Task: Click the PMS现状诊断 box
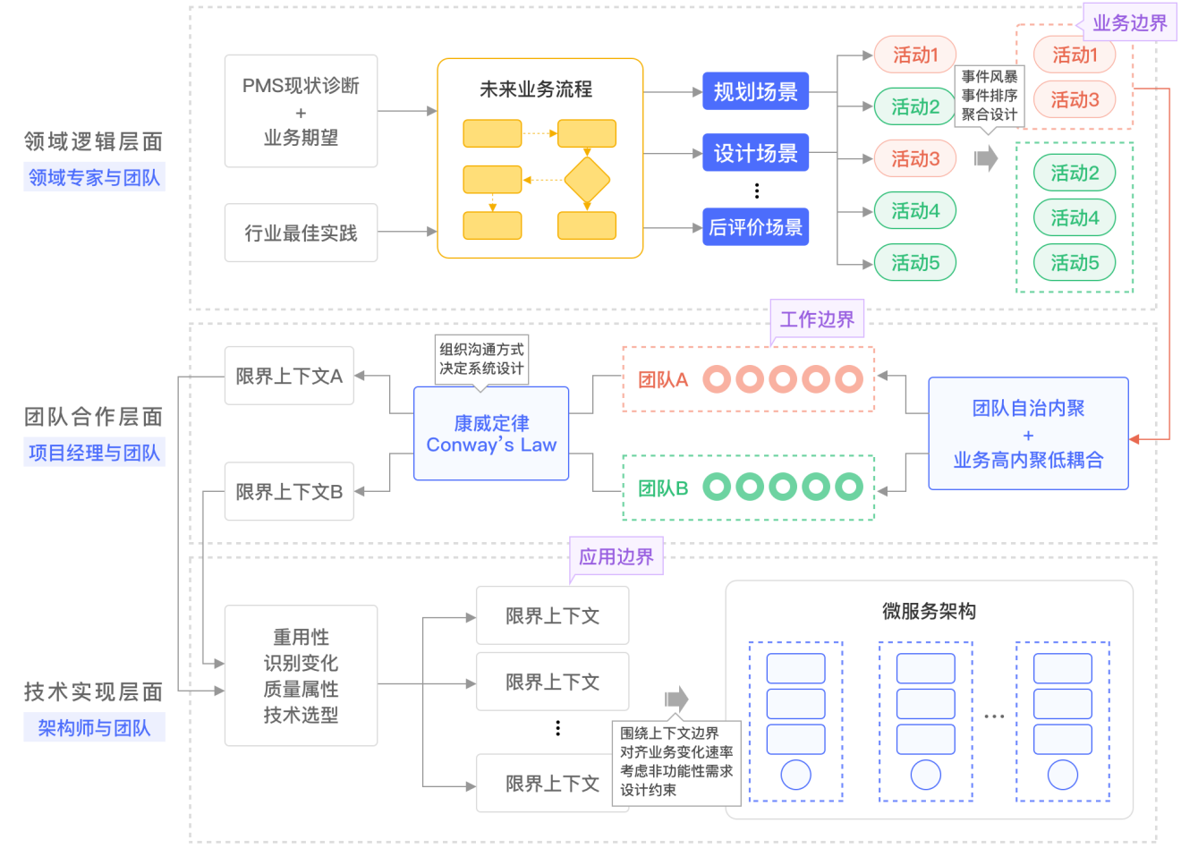click(x=301, y=111)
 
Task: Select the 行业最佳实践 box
click(x=301, y=233)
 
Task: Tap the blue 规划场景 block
click(x=755, y=91)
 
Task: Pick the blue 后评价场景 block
click(x=755, y=227)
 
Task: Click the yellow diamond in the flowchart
click(x=587, y=180)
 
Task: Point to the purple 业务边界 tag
click(x=1129, y=22)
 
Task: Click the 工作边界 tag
click(x=817, y=319)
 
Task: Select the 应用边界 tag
click(x=616, y=556)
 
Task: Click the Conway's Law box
click(x=491, y=434)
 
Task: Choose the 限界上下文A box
click(x=289, y=376)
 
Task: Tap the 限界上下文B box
click(x=289, y=491)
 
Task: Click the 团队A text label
click(x=663, y=379)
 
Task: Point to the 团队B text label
click(x=663, y=488)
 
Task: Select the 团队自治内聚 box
click(x=1028, y=434)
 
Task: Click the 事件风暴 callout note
click(x=989, y=96)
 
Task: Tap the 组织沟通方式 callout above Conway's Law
click(x=481, y=359)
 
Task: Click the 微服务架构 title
click(x=929, y=611)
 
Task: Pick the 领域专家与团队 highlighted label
click(x=94, y=177)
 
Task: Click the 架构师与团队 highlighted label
click(x=94, y=728)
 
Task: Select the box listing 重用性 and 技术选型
click(x=301, y=675)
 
